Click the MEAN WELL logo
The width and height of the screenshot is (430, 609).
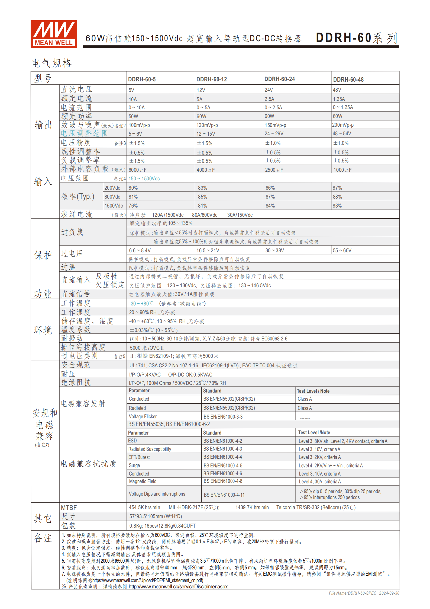[x=54, y=34]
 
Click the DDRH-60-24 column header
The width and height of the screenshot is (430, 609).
[x=279, y=79]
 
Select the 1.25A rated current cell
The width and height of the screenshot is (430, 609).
[x=339, y=99]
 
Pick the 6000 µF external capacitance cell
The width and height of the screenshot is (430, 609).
[x=137, y=170]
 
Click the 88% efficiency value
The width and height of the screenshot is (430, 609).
[x=337, y=197]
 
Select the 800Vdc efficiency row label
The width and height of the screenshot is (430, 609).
[x=112, y=197]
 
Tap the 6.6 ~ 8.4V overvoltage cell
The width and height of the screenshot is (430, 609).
[x=140, y=250]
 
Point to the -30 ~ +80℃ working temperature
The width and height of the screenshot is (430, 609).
[x=141, y=304]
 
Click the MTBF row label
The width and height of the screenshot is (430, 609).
[x=69, y=508]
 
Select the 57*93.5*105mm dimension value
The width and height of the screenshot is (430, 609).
[x=156, y=516]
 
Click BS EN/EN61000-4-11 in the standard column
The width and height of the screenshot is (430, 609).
[x=224, y=495]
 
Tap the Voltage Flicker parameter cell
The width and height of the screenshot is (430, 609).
[x=143, y=416]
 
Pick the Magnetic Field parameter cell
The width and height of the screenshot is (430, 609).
[x=143, y=481]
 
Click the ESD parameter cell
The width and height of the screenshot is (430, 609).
[x=132, y=441]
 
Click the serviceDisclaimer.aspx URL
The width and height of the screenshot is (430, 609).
[x=178, y=586]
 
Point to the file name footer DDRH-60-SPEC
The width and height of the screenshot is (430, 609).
[x=353, y=593]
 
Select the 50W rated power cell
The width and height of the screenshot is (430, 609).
[x=133, y=116]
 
